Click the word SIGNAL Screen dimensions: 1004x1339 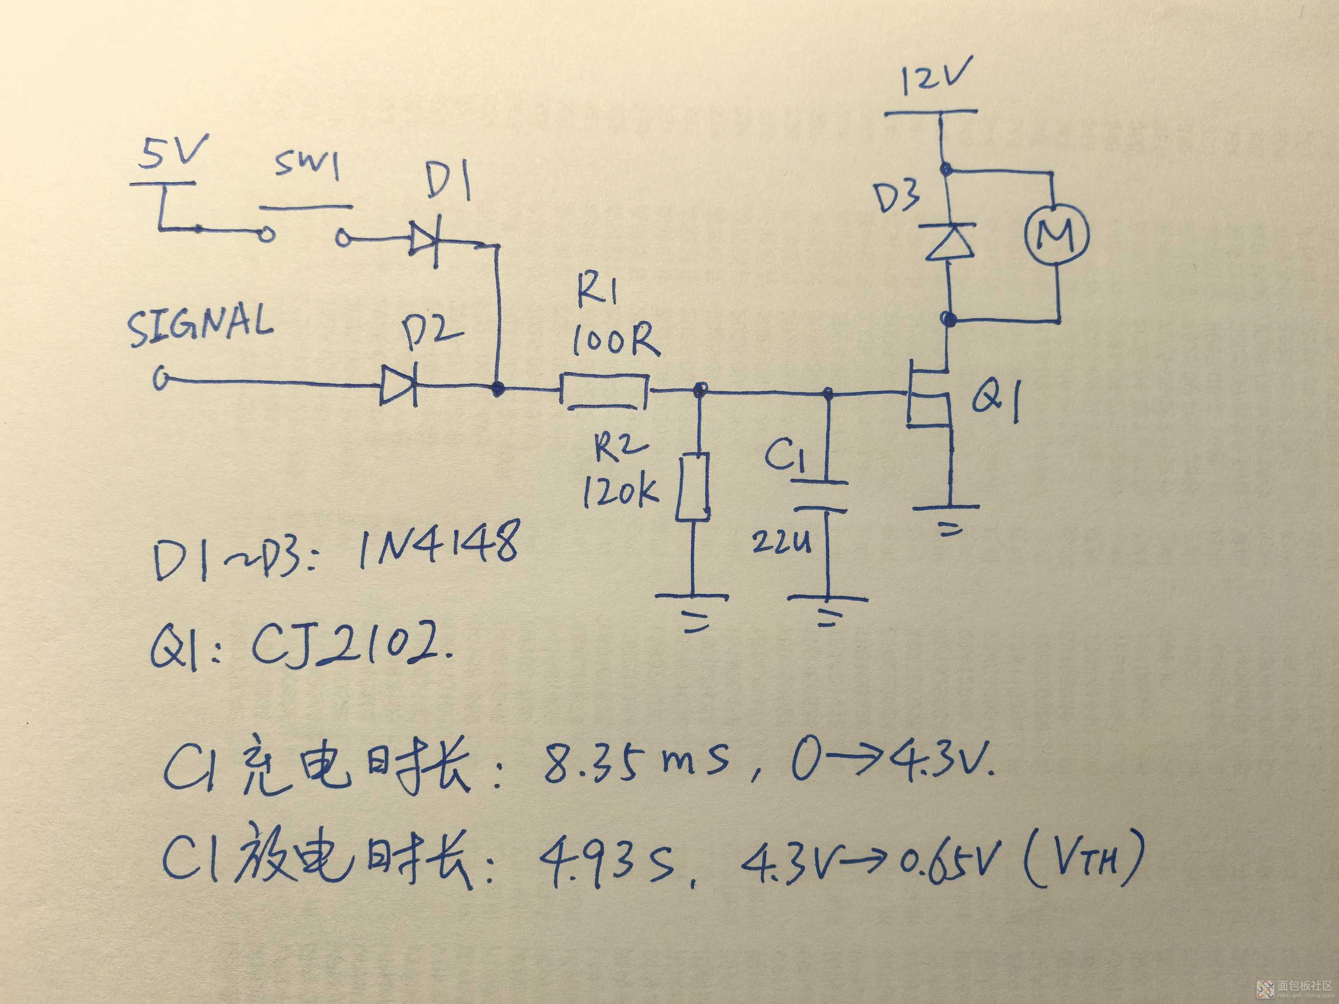pyautogui.click(x=200, y=327)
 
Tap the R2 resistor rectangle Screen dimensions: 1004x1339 pyautogui.click(x=692, y=487)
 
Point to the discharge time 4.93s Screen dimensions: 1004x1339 pyautogui.click(x=606, y=861)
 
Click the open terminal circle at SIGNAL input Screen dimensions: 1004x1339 pyautogui.click(x=161, y=380)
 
